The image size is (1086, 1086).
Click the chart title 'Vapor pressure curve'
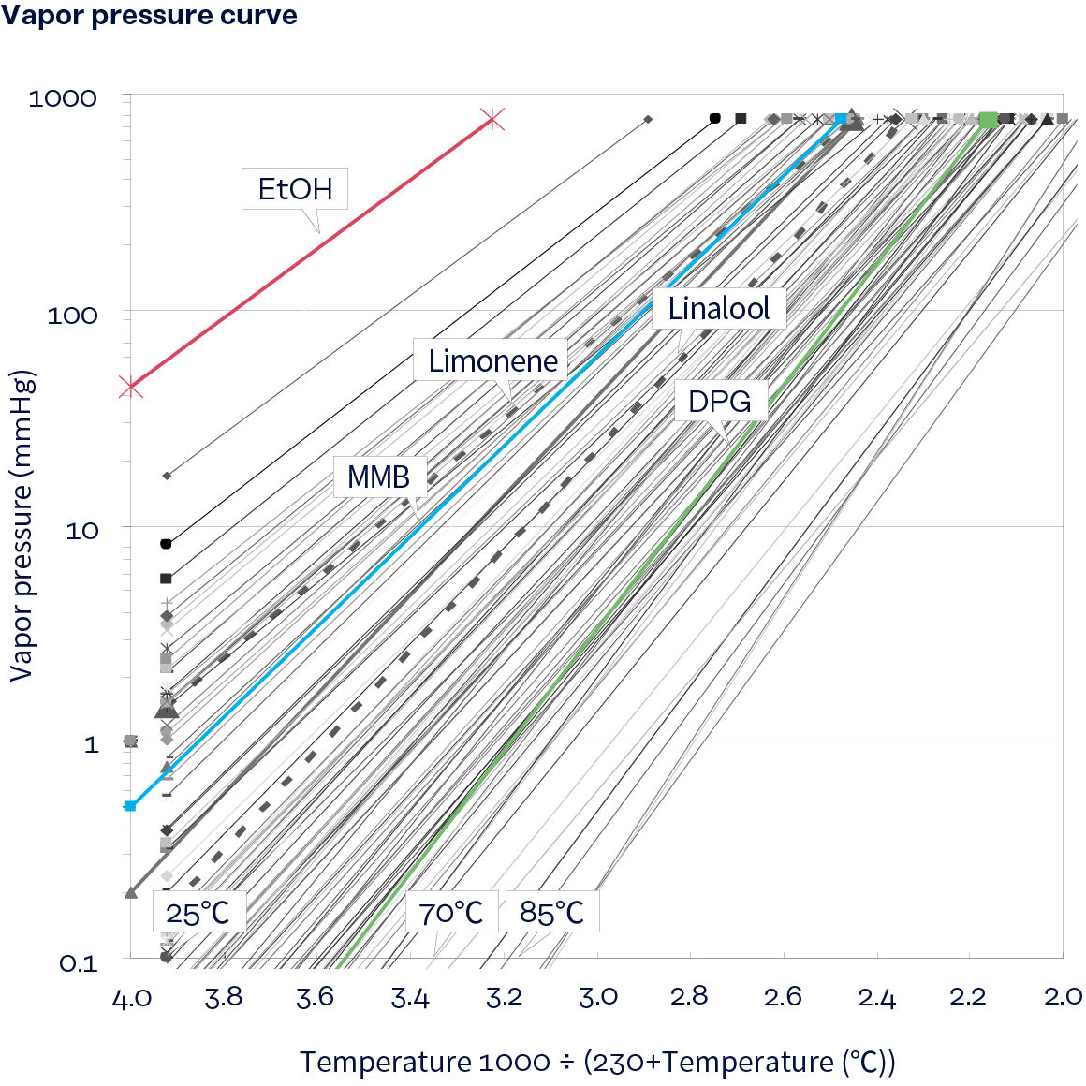[x=149, y=16]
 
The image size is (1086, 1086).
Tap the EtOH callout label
[x=295, y=189]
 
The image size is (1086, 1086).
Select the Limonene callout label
[x=492, y=360]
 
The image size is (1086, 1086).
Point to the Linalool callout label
[x=718, y=308]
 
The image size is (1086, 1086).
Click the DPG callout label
[x=719, y=402]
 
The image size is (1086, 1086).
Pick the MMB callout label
[x=379, y=477]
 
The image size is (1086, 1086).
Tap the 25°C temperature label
[x=198, y=912]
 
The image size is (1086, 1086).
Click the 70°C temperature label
[x=450, y=912]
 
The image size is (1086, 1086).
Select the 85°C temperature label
[x=551, y=912]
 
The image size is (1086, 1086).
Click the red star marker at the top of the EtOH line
[x=492, y=119]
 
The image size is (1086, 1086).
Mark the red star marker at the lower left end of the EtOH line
[x=131, y=387]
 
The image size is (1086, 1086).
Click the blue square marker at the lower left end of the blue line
[x=130, y=806]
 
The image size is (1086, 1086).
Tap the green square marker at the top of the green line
[x=989, y=119]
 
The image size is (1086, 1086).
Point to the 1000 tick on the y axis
[x=63, y=98]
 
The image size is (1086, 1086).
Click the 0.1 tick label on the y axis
[x=79, y=963]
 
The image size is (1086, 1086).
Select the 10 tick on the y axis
[x=81, y=531]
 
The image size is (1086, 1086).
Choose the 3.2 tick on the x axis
[x=504, y=996]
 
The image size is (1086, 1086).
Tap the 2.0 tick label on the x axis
[x=1063, y=996]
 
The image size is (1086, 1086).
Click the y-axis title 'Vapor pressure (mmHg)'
[x=22, y=526]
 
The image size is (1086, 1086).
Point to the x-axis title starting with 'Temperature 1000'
[x=597, y=1063]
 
